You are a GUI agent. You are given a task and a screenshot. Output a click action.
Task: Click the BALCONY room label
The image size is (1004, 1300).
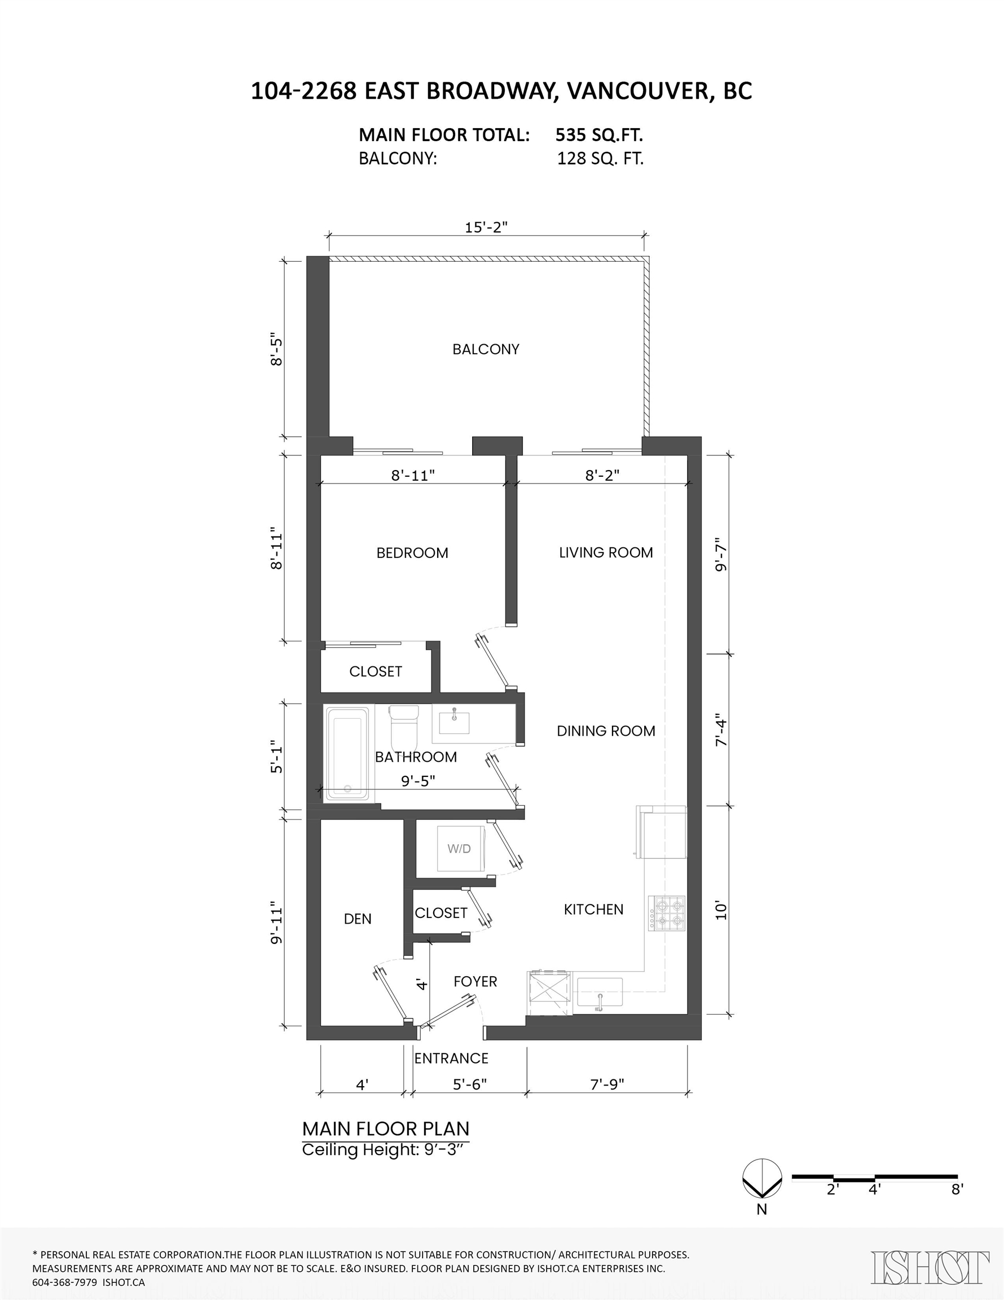pos(486,349)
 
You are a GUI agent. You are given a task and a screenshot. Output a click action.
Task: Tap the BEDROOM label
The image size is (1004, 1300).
pos(412,553)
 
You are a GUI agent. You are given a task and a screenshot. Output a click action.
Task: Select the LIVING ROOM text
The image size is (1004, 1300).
pos(606,552)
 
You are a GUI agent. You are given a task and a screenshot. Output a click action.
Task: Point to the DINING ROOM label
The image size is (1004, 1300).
pos(606,731)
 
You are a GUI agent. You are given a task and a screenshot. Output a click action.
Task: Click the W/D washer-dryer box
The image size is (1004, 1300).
pos(459,849)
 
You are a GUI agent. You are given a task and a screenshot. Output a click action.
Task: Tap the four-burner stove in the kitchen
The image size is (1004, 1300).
pos(667,913)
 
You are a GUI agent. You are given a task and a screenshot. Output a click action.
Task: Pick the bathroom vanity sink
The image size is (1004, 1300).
pos(454,722)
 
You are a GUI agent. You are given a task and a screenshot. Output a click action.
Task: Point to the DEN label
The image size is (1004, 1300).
pos(358,919)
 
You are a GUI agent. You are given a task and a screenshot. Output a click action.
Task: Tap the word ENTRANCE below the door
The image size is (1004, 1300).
pos(451,1059)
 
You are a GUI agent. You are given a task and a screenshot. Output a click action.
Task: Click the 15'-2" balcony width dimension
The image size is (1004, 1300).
pos(486,227)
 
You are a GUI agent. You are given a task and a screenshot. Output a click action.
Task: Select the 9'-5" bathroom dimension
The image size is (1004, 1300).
pos(418,780)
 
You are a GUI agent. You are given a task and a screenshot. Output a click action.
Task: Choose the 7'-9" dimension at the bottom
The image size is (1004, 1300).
pos(607,1084)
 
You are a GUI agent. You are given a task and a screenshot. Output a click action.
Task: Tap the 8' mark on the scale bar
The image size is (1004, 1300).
pos(957,1189)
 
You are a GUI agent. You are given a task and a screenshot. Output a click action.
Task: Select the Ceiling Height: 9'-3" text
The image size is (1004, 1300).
pos(382,1150)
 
